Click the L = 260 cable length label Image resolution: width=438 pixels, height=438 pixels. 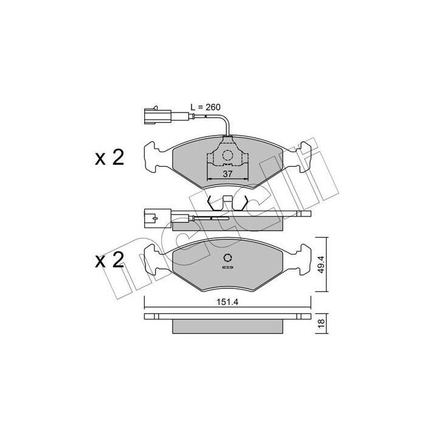206,107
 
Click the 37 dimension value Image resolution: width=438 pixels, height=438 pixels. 228,174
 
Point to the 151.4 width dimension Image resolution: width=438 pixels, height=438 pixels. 228,302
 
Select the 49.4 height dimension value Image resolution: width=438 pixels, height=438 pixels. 321,264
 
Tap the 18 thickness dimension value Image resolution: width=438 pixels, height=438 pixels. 321,323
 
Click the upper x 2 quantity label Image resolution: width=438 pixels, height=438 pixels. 109,158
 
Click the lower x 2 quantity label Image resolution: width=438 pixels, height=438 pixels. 109,260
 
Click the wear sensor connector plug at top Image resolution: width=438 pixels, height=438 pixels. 158,115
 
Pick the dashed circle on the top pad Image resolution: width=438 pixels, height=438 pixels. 228,155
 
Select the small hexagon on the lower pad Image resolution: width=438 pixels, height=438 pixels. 228,257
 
